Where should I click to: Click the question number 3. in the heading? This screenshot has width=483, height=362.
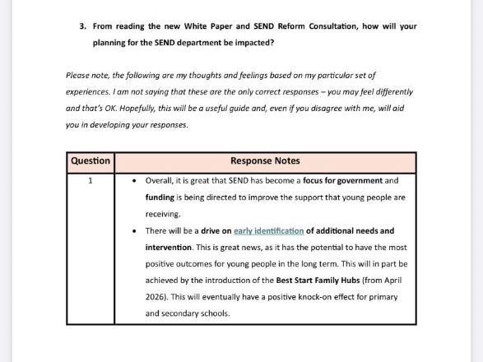coord(82,26)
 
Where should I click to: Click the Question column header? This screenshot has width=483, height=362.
coord(91,161)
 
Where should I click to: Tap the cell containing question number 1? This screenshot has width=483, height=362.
coord(91,180)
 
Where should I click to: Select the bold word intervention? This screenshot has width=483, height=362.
coord(168,248)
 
